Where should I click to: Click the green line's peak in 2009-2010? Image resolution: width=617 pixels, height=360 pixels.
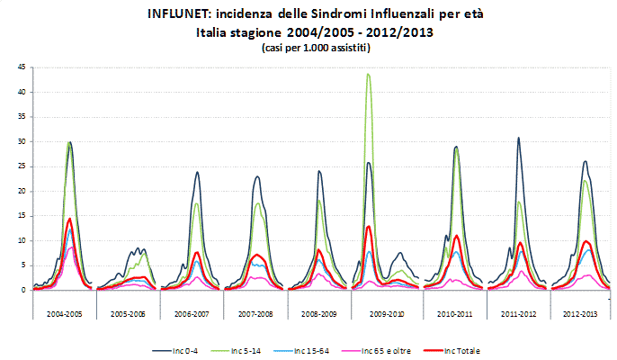[369, 74]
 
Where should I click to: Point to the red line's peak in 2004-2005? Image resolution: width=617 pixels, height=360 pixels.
[69, 218]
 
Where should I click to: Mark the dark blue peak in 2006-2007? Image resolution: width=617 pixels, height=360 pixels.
[197, 172]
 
